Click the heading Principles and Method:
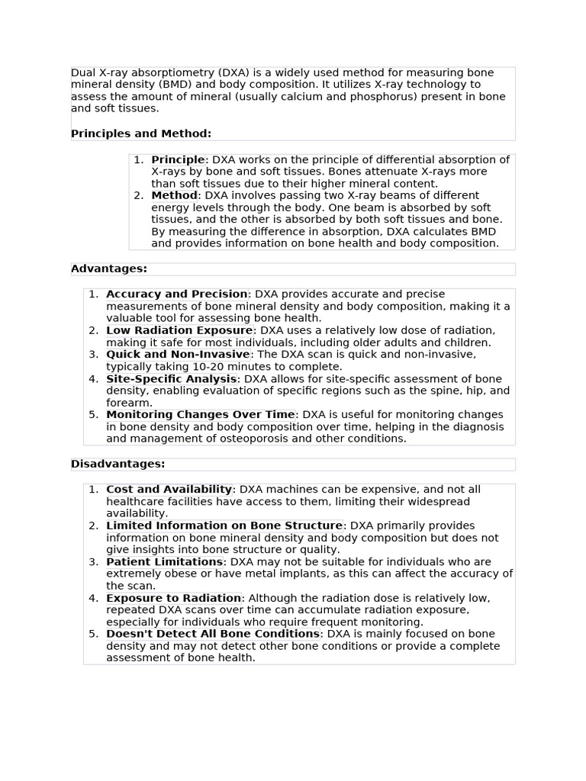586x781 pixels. (141, 133)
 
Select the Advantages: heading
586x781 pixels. (109, 268)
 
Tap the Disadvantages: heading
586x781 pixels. (118, 464)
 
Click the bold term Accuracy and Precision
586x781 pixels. (177, 294)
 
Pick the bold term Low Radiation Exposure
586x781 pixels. (179, 330)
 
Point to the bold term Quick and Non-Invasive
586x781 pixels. (178, 354)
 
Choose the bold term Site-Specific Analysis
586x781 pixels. (172, 378)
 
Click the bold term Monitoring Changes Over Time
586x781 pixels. (200, 414)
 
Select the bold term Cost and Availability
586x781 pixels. (169, 489)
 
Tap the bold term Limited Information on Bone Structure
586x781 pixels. (224, 525)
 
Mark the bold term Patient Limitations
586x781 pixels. (164, 561)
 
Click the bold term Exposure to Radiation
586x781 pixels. (173, 598)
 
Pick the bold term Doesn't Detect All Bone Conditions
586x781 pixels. (213, 634)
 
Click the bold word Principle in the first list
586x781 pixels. (178, 159)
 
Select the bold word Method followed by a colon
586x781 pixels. (174, 195)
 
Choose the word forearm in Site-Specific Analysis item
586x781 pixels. (129, 403)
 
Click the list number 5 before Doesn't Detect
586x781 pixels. (93, 634)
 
